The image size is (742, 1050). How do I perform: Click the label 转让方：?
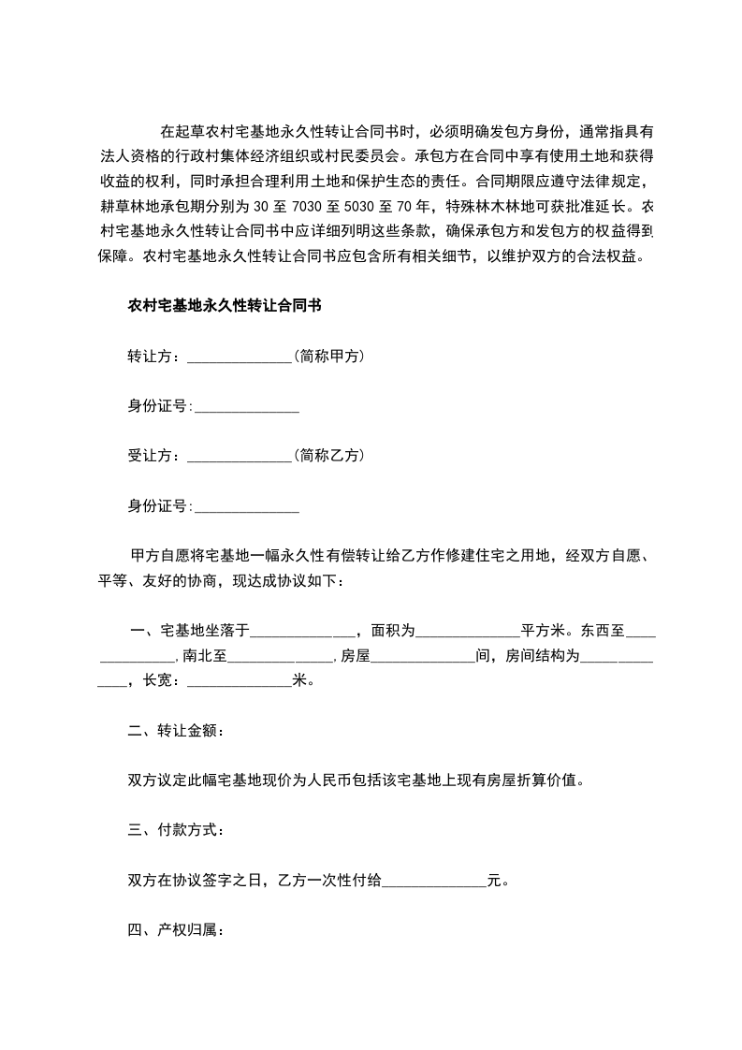pyautogui.click(x=156, y=356)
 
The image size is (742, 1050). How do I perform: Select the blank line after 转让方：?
pyautogui.click(x=240, y=357)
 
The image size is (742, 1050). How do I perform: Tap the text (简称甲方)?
pyautogui.click(x=327, y=356)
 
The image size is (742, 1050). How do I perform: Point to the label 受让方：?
pyautogui.click(x=156, y=456)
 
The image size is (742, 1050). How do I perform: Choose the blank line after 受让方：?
pyautogui.click(x=240, y=458)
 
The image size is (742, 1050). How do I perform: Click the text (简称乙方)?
pyautogui.click(x=327, y=456)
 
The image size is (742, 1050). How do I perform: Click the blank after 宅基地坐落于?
pyautogui.click(x=301, y=632)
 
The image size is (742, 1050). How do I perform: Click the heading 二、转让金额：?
pyautogui.click(x=175, y=730)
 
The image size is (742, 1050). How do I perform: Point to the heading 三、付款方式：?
pyautogui.click(x=175, y=829)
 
